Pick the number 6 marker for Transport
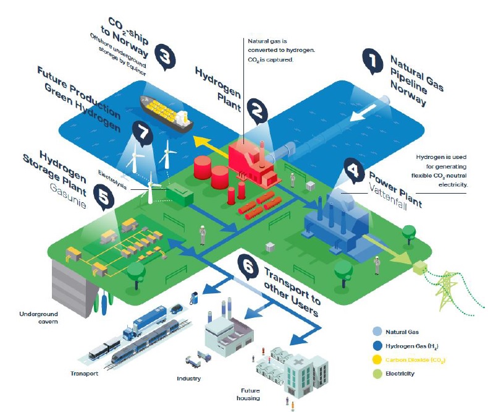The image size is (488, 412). (248, 267)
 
